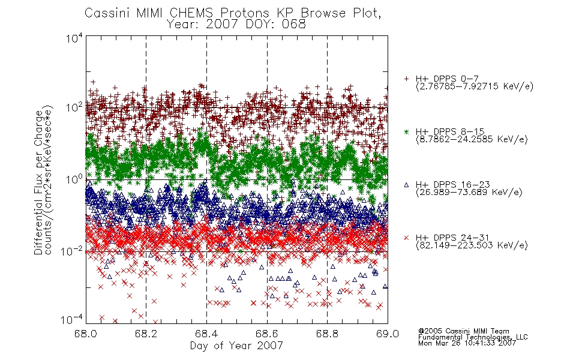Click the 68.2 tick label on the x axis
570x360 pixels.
[x=146, y=334]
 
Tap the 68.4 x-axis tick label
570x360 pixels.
[x=206, y=334]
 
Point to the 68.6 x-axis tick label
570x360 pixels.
[x=267, y=334]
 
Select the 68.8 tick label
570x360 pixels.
[x=327, y=334]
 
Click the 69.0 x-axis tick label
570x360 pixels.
[x=388, y=334]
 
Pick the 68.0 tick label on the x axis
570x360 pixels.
[x=85, y=334]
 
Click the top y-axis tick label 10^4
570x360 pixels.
[x=74, y=38]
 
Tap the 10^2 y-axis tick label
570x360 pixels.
[x=74, y=107]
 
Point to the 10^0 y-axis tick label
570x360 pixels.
[x=74, y=179]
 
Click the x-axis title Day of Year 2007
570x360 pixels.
[x=236, y=346]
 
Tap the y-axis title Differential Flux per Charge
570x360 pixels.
[x=38, y=182]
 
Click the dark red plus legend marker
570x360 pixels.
[x=406, y=79]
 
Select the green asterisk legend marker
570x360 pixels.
[x=406, y=131]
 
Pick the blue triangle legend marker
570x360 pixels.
[x=406, y=185]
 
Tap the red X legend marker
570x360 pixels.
[x=406, y=238]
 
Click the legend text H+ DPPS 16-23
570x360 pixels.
[x=452, y=184]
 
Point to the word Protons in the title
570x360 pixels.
[x=244, y=13]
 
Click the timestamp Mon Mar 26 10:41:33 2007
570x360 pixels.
[x=467, y=343]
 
